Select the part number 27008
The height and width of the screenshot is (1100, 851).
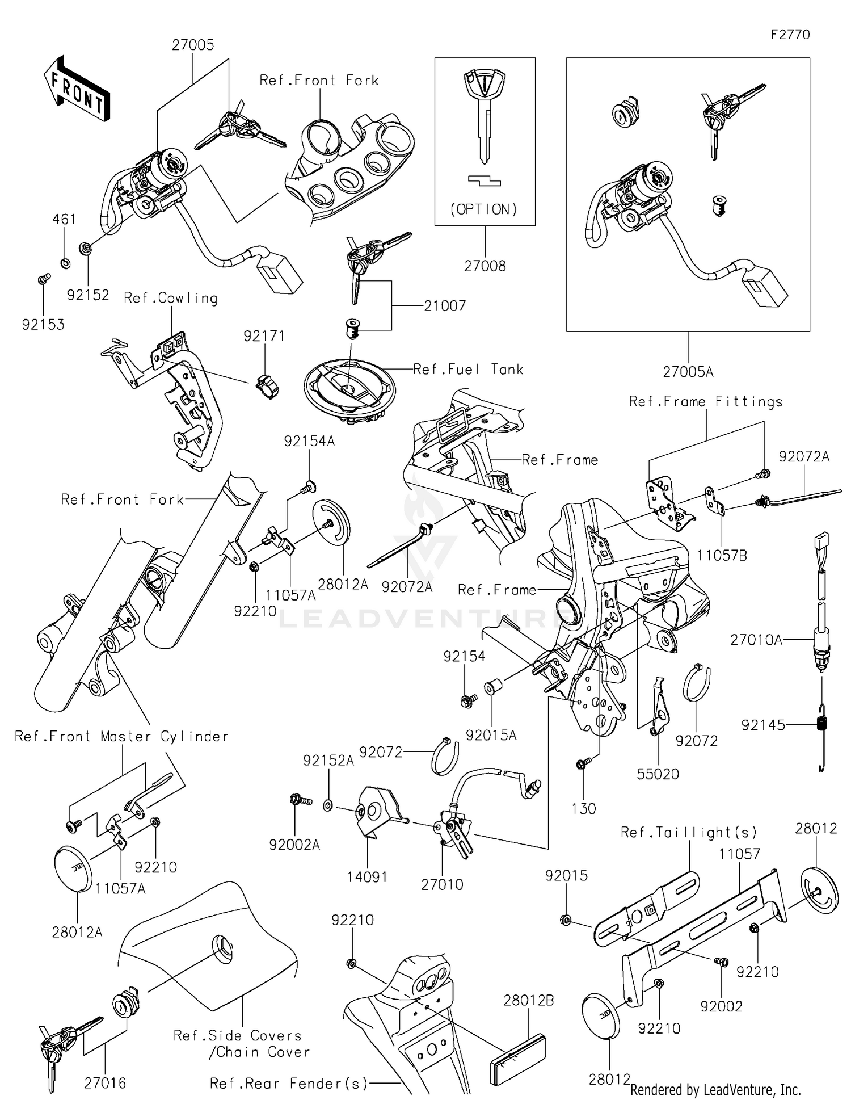(x=485, y=266)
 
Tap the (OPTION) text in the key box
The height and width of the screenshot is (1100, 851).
(x=484, y=209)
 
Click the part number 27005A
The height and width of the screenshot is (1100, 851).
(x=688, y=372)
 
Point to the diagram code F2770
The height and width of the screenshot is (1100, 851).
(x=790, y=35)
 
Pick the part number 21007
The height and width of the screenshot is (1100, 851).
(x=445, y=306)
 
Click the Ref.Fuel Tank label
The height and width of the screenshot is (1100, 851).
(x=468, y=370)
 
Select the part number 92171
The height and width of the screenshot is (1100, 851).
(x=264, y=336)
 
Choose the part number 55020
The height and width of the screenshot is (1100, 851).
(x=658, y=774)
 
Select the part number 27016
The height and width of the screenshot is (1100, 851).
(x=105, y=1083)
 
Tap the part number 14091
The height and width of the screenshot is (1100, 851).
(x=367, y=877)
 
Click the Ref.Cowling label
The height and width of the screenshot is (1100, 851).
(x=171, y=298)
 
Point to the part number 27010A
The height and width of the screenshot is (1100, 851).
(x=756, y=640)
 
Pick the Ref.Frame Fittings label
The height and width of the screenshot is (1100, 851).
(x=706, y=402)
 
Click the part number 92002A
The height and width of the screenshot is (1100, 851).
(x=294, y=845)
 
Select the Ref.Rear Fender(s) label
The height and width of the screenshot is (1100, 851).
(x=289, y=1084)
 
